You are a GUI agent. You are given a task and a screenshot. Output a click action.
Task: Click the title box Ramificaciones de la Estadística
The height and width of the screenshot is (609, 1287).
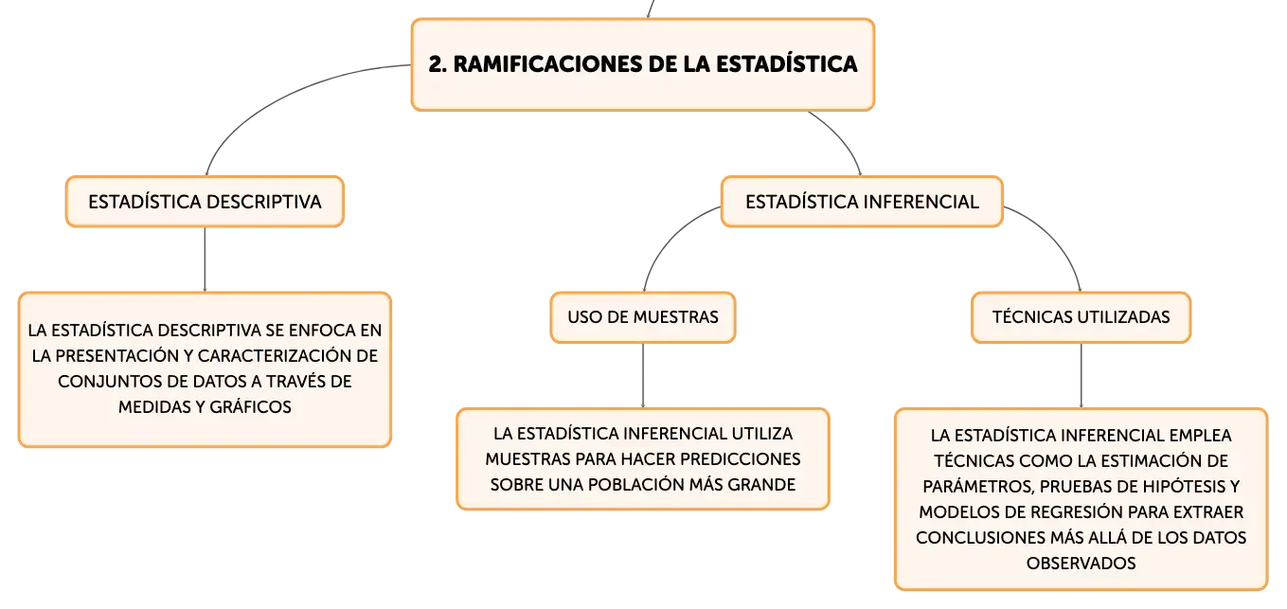644,64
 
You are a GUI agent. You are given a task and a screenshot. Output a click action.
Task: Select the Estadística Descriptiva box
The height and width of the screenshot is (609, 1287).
205,202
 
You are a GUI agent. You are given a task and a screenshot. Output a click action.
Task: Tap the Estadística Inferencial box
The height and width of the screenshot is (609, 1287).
862,202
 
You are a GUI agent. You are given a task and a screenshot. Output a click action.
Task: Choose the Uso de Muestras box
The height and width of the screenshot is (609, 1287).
643,317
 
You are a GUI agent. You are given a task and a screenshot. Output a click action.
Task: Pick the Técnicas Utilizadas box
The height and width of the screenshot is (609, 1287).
1081,317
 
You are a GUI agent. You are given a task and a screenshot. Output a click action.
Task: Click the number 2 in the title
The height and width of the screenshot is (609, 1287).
437,64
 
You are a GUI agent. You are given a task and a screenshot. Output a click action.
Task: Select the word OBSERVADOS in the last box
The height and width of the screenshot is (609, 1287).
1081,563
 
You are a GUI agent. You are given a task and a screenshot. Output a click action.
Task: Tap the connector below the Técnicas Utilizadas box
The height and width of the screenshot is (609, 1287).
1080,375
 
